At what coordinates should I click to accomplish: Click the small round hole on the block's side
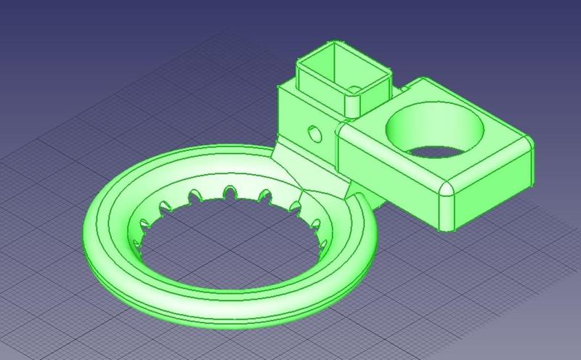point(314,134)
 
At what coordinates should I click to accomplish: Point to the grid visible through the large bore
point(436,151)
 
